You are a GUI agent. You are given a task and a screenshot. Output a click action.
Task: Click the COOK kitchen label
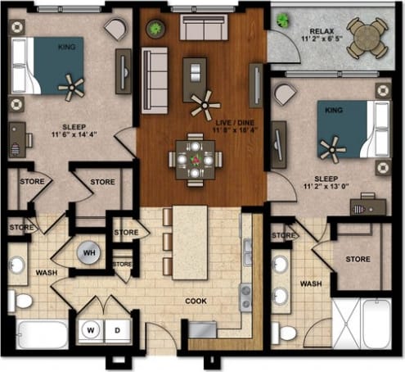coord(196,301)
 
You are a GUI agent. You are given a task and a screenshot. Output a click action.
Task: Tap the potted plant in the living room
coord(154,29)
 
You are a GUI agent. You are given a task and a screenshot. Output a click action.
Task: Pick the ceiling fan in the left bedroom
coord(71,84)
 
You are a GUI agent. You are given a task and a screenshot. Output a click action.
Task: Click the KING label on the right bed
coord(333,108)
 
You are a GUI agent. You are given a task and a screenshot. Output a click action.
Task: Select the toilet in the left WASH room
coord(22,301)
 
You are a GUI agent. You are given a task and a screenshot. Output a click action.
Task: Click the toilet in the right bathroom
coord(286,333)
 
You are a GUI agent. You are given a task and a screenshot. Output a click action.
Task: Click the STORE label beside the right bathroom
coord(358,260)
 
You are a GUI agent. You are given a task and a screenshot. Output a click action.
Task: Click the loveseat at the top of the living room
coord(204,28)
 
